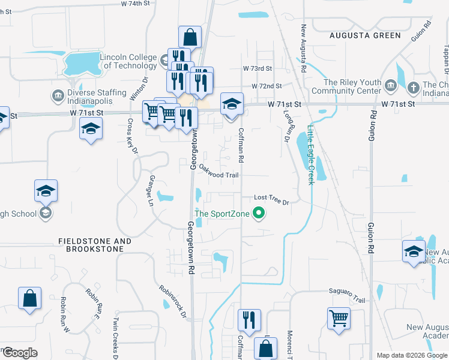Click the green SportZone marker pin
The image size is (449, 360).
[x=259, y=213]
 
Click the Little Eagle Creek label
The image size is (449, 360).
[x=310, y=154]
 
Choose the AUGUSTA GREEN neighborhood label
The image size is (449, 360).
[x=365, y=35]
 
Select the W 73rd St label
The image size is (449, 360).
[x=258, y=69]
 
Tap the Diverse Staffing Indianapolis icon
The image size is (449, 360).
[x=58, y=94]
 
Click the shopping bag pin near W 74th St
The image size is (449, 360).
[x=190, y=37]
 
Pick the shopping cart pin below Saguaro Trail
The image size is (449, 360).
[x=339, y=317]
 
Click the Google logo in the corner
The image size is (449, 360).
[x=19, y=352]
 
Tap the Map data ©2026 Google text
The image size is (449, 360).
[x=411, y=355]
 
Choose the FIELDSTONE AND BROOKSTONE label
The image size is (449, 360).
[x=95, y=245]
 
